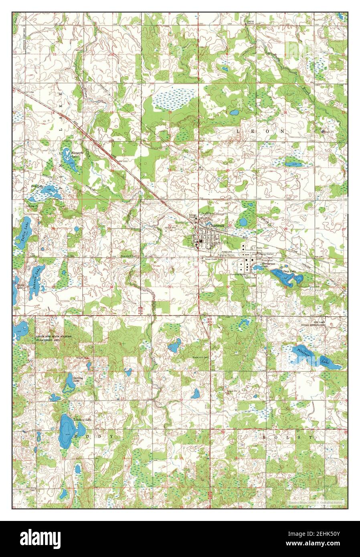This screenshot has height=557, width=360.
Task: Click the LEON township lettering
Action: [260, 131]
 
